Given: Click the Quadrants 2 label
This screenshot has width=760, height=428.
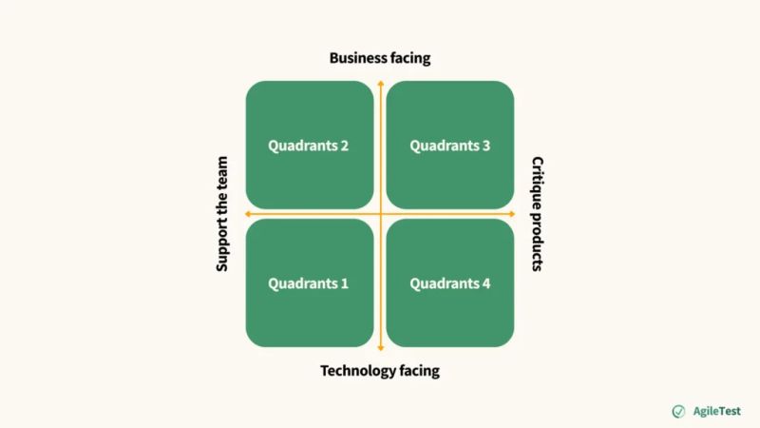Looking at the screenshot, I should tap(308, 146).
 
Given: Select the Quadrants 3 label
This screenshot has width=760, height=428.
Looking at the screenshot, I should tap(450, 146).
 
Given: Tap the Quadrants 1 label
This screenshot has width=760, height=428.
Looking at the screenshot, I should tap(308, 283).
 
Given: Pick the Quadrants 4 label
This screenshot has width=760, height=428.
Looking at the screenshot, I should tap(450, 283).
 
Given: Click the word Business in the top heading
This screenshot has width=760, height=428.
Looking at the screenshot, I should tap(357, 58).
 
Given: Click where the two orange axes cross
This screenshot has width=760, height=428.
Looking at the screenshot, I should tap(380, 213).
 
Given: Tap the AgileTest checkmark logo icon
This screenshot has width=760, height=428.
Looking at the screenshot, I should tap(678, 411).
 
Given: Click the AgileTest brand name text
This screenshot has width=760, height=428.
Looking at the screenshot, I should tap(716, 411).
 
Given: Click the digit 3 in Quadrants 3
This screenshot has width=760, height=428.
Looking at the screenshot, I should tap(486, 146).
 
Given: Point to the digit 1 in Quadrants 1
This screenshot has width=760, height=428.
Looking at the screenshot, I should tap(344, 283).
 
